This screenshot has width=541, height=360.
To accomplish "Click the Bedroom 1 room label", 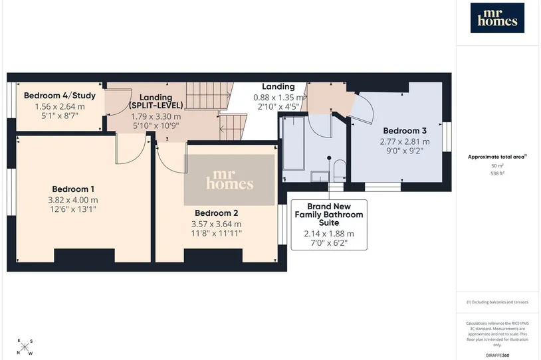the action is tap(73, 189).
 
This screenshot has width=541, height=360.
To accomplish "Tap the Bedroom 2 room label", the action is tap(216, 213).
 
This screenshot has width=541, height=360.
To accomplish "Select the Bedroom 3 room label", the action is tap(405, 131).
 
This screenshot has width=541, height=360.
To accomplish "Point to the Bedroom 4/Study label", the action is tap(60, 96).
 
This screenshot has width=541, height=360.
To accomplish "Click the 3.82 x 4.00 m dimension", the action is tap(73, 200).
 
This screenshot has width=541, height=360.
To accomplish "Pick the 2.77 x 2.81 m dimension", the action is tap(405, 141).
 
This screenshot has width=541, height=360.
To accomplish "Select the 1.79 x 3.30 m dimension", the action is tap(156, 116).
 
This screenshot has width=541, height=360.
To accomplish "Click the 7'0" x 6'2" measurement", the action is tap(329, 242).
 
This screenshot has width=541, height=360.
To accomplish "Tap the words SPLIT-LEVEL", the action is tap(156, 105).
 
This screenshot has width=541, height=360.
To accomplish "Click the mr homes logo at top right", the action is tap(497, 18).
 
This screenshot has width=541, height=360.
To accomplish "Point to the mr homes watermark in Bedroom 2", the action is tap(229, 179).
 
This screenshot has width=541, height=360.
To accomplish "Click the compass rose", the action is tap(25, 347).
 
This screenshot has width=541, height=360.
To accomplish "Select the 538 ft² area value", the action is tap(497, 173).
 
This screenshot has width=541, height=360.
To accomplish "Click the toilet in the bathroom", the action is tap(340, 170).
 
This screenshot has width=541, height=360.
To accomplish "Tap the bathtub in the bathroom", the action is tap(293, 143).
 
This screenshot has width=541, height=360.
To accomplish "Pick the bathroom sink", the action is tap(320, 177).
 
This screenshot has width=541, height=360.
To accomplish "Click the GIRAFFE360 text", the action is tap(497, 355).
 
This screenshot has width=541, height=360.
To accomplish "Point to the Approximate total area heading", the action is tap(497, 157).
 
